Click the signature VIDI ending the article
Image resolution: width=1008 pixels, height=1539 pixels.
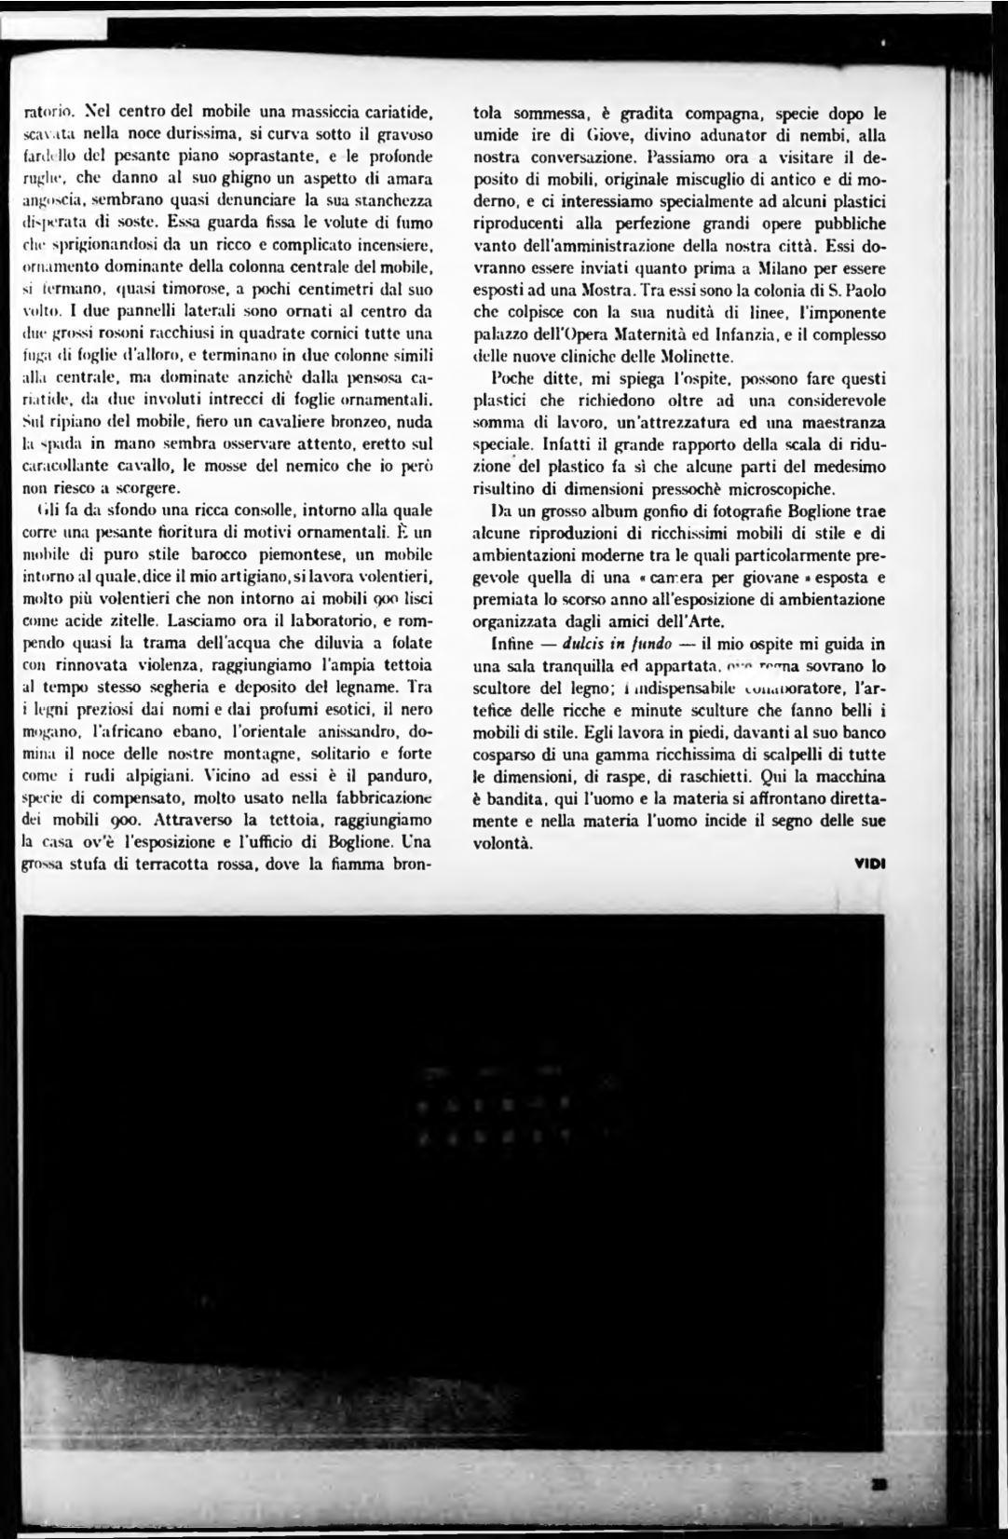click(x=870, y=863)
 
